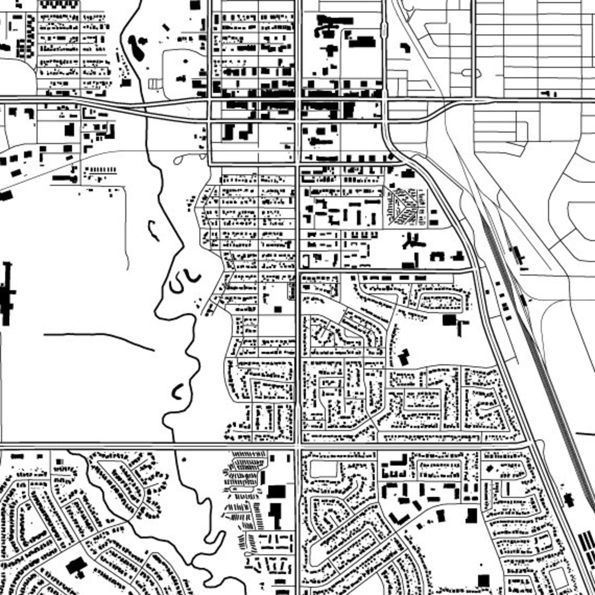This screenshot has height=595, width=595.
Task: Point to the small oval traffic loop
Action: point(471,73)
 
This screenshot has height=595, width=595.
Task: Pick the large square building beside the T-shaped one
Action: point(449,320)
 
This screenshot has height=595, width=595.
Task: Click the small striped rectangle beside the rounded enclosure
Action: point(153,84)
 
